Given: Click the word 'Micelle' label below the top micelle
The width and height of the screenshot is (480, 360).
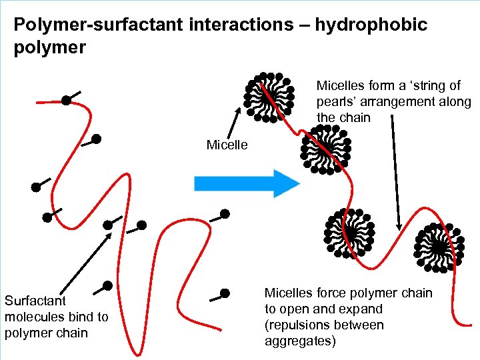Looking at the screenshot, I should (227, 145).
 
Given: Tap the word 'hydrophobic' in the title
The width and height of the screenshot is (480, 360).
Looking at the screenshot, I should (371, 25).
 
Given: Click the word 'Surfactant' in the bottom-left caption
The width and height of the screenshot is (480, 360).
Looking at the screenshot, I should (35, 301).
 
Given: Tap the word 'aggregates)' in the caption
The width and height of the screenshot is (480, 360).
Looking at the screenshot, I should (300, 341).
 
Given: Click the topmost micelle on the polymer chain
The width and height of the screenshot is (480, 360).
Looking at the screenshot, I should (270, 97).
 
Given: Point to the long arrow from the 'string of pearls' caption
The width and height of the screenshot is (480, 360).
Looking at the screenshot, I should (396, 173).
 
